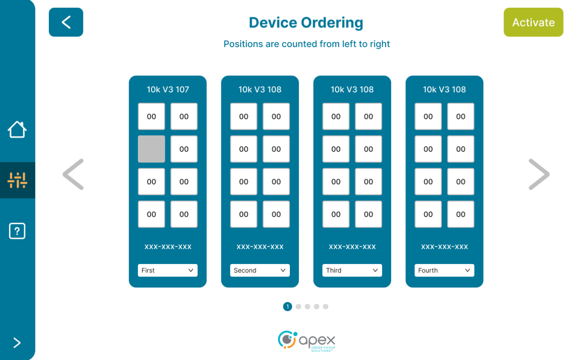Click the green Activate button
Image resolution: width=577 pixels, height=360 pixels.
point(533,22)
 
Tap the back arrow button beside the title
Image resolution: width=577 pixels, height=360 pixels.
point(66,22)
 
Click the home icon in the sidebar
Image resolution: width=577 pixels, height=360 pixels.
point(17,129)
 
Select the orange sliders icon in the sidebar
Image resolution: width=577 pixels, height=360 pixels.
point(17,180)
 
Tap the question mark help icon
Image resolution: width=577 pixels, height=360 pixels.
point(17,231)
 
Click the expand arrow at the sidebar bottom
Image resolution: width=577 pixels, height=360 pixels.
point(17,343)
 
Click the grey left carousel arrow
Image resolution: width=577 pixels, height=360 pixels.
point(73,174)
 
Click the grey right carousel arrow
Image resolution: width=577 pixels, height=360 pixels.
point(539,174)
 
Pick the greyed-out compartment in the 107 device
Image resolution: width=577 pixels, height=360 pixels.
point(152,149)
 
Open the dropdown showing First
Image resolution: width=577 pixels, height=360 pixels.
point(168,270)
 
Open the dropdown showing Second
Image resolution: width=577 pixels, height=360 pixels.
point(260,270)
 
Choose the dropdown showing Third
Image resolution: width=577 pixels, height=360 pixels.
point(352,270)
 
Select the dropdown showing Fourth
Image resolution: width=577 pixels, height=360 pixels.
point(444,270)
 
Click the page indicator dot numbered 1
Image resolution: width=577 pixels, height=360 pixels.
point(288,307)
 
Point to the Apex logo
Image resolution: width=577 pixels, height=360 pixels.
point(307,341)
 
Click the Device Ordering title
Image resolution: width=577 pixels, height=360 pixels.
point(306,22)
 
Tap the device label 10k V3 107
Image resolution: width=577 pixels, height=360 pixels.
point(168,90)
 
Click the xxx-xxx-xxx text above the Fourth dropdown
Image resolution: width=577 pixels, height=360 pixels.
point(444,247)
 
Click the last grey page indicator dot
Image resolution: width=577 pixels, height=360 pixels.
point(325,307)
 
